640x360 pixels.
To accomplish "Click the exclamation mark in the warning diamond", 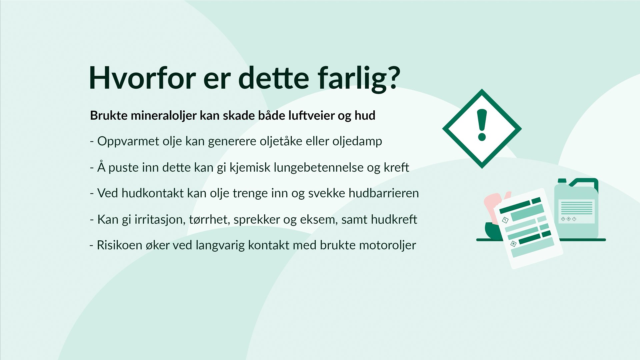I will coord(482,125).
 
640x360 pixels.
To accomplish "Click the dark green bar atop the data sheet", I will coord(515,207).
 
